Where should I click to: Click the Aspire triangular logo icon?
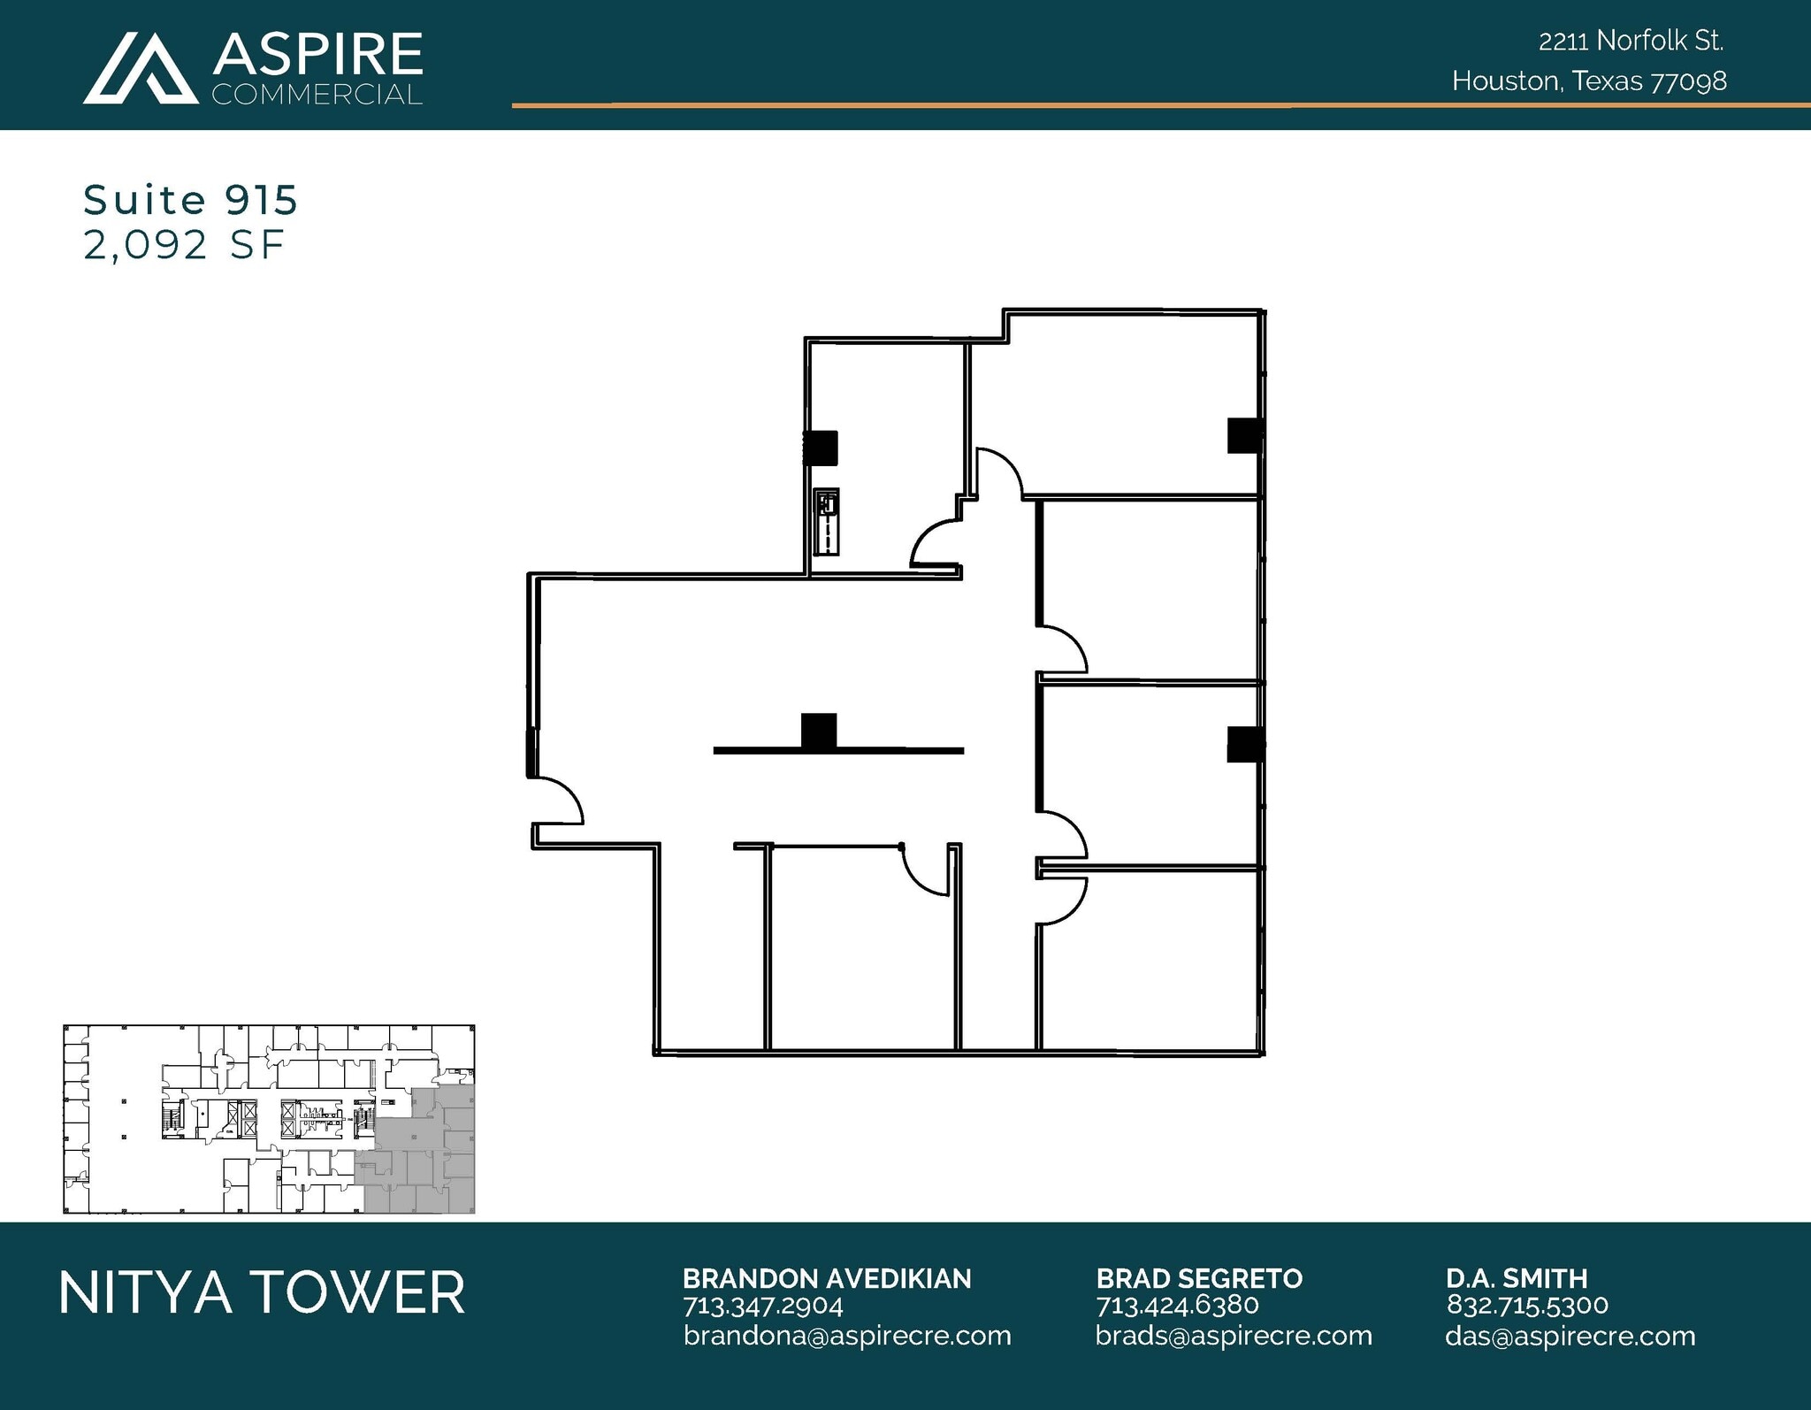point(140,69)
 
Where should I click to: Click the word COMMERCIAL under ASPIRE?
point(317,95)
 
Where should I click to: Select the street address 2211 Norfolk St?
point(1631,41)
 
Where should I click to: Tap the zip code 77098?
point(1689,81)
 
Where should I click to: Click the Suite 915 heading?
point(190,200)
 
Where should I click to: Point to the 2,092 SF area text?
point(184,245)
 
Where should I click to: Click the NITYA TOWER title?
point(262,1292)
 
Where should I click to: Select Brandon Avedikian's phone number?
point(762,1306)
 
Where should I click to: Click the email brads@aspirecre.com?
point(1234,1336)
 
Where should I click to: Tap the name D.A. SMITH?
point(1517,1278)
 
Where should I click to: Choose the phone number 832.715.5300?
point(1527,1306)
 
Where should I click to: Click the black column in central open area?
point(819,731)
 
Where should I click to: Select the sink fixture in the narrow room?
point(826,522)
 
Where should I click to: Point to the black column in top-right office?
point(1243,435)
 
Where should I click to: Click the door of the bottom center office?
point(925,870)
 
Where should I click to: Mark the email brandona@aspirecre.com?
point(846,1336)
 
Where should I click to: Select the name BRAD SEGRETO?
point(1198,1278)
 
